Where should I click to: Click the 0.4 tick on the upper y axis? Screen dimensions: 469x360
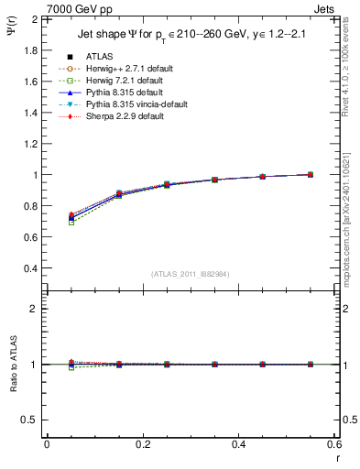(32, 268)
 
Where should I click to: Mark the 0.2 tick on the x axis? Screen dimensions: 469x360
(142, 444)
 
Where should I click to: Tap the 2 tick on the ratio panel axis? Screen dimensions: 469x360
(37, 309)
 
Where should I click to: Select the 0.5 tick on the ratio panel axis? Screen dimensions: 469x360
(33, 420)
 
